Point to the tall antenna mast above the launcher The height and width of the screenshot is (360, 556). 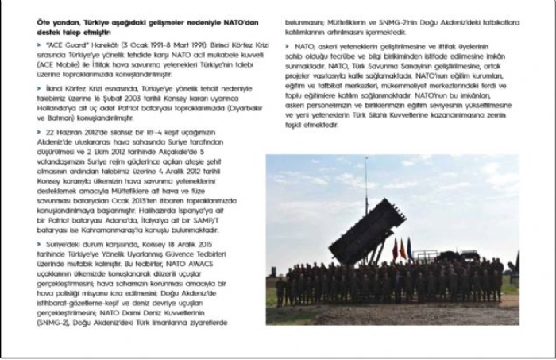tap(365, 187)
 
